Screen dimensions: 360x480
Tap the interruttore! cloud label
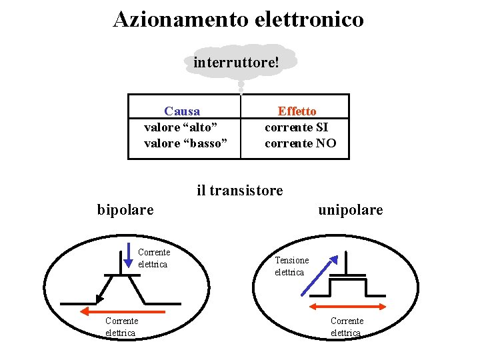pos(236,63)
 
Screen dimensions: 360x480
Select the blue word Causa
pos(182,111)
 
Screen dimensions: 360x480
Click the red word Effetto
pos(297,111)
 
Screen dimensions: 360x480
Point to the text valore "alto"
pos(181,127)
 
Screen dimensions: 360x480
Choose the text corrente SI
pos(297,127)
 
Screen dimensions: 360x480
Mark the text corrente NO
pos(301,143)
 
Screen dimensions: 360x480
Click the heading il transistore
pos(239,191)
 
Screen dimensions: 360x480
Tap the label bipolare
pos(125,210)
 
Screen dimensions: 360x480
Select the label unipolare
pos(351,210)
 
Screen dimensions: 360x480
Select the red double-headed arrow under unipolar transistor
pos(349,306)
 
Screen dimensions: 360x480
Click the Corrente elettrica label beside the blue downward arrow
pos(154,258)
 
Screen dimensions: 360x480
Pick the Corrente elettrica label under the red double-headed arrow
pos(347,327)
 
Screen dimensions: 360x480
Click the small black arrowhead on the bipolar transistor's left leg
pos(99,297)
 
